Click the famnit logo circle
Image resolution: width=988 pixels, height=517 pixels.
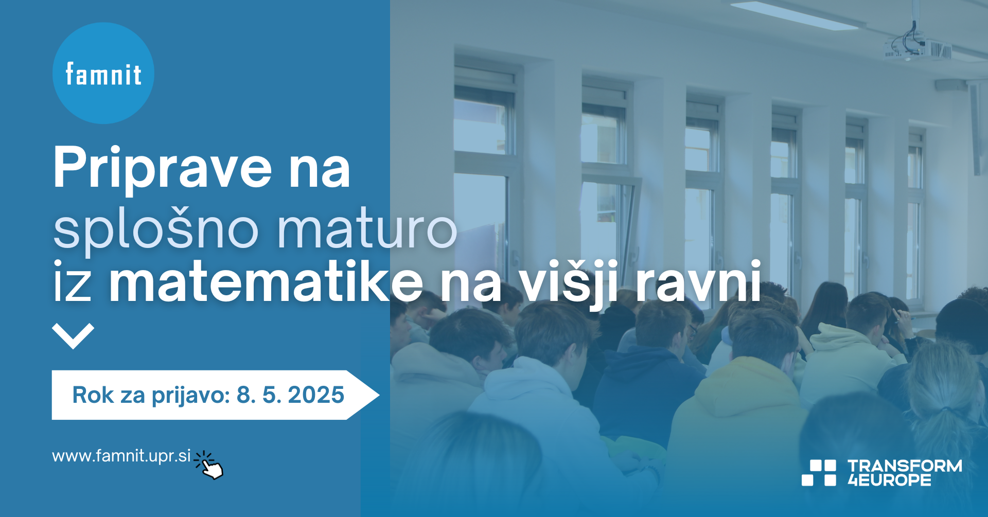pyautogui.click(x=103, y=73)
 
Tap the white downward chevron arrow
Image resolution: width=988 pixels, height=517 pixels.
pyautogui.click(x=73, y=336)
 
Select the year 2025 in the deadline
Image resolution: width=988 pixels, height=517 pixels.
pyautogui.click(x=316, y=395)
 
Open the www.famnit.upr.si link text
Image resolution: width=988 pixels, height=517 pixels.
pyautogui.click(x=121, y=456)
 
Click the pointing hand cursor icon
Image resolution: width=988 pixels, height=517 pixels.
pyautogui.click(x=209, y=465)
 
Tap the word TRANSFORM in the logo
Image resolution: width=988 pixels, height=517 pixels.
pyautogui.click(x=905, y=466)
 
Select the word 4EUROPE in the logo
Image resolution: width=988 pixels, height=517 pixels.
pyautogui.click(x=889, y=480)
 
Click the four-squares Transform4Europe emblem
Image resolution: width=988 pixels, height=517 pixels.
pyautogui.click(x=819, y=473)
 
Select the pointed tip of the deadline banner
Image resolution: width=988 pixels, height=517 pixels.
pyautogui.click(x=379, y=395)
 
